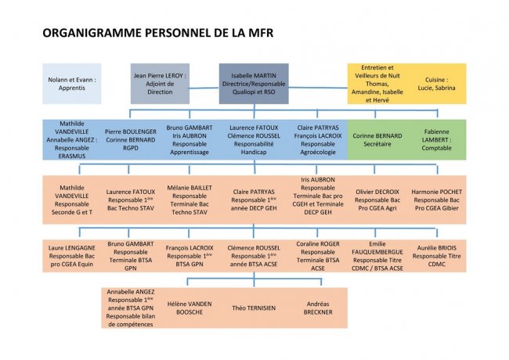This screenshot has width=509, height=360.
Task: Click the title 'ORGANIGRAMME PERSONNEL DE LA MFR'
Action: (158, 33)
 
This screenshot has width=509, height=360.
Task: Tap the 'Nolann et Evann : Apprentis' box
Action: (72, 84)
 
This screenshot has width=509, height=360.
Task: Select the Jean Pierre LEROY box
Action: (160, 84)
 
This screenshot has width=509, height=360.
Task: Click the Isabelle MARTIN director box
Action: (254, 84)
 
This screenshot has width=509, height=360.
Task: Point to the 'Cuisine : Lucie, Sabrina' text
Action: (437, 84)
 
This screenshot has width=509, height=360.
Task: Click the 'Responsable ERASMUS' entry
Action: (72, 140)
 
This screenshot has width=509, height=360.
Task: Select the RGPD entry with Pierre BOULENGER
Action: (131, 140)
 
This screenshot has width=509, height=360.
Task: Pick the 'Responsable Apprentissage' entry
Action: (190, 140)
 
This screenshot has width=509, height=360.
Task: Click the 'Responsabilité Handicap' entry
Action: (254, 140)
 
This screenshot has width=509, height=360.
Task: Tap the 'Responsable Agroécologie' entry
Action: (318, 140)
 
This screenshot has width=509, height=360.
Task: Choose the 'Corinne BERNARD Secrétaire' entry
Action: (377, 140)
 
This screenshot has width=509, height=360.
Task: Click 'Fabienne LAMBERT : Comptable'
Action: (437, 140)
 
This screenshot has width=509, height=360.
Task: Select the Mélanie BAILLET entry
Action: (190, 200)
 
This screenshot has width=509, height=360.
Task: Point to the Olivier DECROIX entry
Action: (377, 200)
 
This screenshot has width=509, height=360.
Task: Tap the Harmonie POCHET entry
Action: (437, 200)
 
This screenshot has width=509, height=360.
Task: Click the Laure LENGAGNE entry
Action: (72, 256)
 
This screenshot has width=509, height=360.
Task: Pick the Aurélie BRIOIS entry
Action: (437, 256)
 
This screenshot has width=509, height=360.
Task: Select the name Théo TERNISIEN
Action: (254, 308)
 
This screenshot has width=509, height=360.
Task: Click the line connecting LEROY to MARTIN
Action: (204, 88)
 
